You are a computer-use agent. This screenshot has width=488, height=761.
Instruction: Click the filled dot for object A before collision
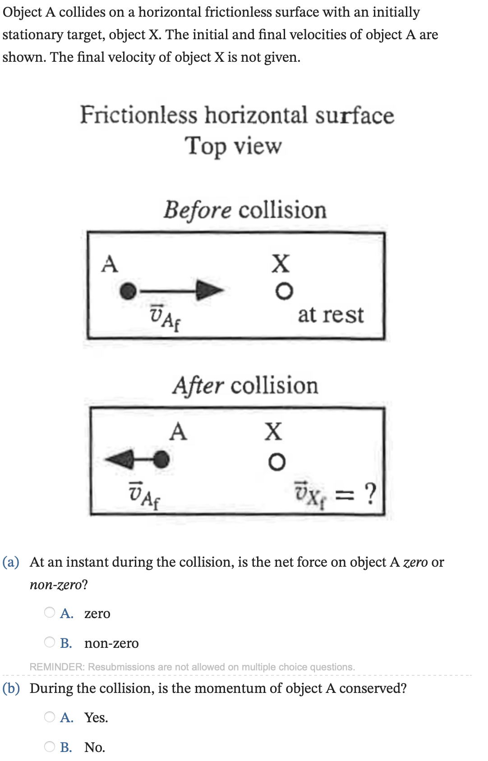coord(129,291)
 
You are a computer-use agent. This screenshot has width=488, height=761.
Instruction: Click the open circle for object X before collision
coord(284,291)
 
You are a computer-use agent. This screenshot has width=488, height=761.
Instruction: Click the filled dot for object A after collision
coord(161,459)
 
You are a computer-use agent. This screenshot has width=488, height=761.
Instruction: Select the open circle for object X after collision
coord(276,462)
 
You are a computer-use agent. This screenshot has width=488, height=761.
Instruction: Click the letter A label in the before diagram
coord(110,264)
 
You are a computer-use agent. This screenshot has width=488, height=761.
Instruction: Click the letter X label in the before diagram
coord(281,263)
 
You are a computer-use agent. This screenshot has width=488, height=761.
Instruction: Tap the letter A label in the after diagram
coord(178,431)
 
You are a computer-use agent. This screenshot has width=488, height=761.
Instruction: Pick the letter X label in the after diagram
coord(273,431)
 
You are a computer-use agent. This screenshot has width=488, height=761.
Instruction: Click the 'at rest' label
coord(331,315)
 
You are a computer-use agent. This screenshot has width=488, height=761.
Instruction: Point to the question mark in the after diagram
coord(370,493)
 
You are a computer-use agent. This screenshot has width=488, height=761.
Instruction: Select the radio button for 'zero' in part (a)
coord(50,612)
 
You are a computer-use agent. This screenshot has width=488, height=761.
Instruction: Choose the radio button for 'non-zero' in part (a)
coord(50,642)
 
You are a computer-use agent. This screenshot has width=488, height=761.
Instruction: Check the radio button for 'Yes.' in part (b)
coord(50,716)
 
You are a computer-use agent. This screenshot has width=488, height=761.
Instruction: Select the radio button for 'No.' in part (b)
coord(50,746)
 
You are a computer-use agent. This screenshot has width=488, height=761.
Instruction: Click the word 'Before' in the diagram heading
coord(198,210)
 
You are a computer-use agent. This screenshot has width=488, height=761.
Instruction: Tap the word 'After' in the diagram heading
coord(198,386)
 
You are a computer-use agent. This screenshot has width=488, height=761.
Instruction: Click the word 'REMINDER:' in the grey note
coord(57,667)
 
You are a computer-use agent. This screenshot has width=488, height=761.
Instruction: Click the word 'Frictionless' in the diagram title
coord(138,115)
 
